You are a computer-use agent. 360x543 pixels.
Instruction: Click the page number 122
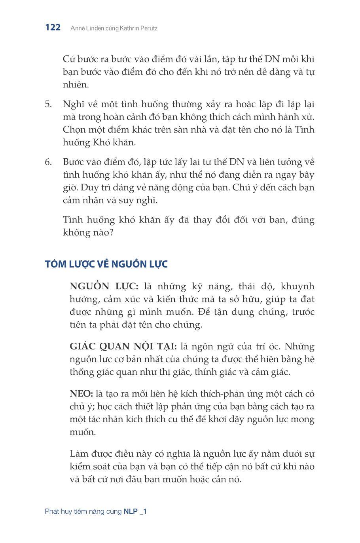(x=53, y=27)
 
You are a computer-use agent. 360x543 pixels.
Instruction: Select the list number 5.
(x=48, y=104)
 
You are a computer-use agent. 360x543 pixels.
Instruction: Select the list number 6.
(x=48, y=162)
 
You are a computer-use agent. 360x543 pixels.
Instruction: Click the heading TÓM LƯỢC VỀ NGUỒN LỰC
(x=106, y=264)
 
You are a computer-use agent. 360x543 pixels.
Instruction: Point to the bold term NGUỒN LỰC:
(x=104, y=287)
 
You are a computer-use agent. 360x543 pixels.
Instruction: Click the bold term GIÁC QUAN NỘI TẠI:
(x=123, y=347)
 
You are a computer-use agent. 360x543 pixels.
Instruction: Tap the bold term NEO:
(x=81, y=394)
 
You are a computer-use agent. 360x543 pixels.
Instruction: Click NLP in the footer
(x=130, y=511)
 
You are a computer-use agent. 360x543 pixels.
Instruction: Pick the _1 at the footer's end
(x=143, y=511)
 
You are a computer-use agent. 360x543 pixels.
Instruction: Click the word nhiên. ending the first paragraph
(x=76, y=85)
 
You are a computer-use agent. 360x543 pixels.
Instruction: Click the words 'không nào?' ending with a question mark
(x=88, y=232)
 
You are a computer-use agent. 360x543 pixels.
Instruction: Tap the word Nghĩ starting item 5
(x=72, y=104)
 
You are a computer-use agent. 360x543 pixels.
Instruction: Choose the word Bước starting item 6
(x=73, y=162)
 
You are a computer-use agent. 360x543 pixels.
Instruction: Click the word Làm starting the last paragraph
(x=79, y=454)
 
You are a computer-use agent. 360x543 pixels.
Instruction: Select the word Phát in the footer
(x=52, y=511)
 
